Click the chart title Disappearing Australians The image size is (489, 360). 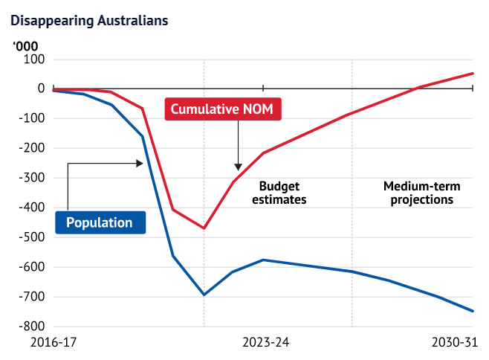[89, 20]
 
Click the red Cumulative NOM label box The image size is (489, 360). [222, 110]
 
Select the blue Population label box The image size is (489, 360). [100, 222]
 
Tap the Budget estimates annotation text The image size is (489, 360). [279, 193]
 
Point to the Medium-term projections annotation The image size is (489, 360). [418, 193]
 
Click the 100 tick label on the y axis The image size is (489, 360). [34, 59]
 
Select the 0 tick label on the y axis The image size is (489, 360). [41, 89]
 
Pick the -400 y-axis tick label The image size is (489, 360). [31, 208]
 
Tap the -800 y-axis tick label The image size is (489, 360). [31, 327]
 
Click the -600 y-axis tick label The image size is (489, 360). [31, 267]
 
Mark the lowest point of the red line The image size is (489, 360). [204, 228]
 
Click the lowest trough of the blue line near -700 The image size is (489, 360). [204, 295]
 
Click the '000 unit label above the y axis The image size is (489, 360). [27, 45]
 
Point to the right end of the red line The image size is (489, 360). [473, 73]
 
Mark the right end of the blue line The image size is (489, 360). [473, 311]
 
